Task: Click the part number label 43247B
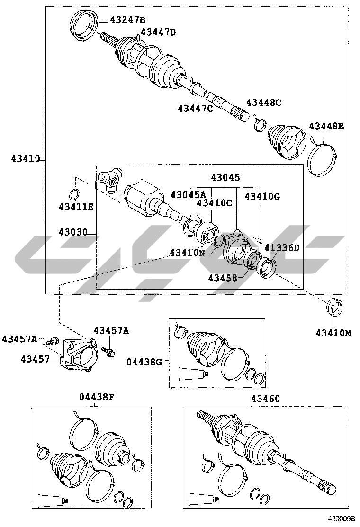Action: pyautogui.click(x=127, y=19)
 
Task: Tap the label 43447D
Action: pyautogui.click(x=159, y=32)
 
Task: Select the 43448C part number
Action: pyautogui.click(x=264, y=102)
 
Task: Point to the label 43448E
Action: pyautogui.click(x=326, y=127)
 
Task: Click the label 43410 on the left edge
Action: pyautogui.click(x=26, y=158)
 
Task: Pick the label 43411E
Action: pyautogui.click(x=76, y=207)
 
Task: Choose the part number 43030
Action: pyautogui.click(x=73, y=232)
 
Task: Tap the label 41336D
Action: pyautogui.click(x=282, y=248)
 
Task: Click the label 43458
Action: pyautogui.click(x=222, y=278)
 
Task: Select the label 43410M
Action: pyautogui.click(x=333, y=333)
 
